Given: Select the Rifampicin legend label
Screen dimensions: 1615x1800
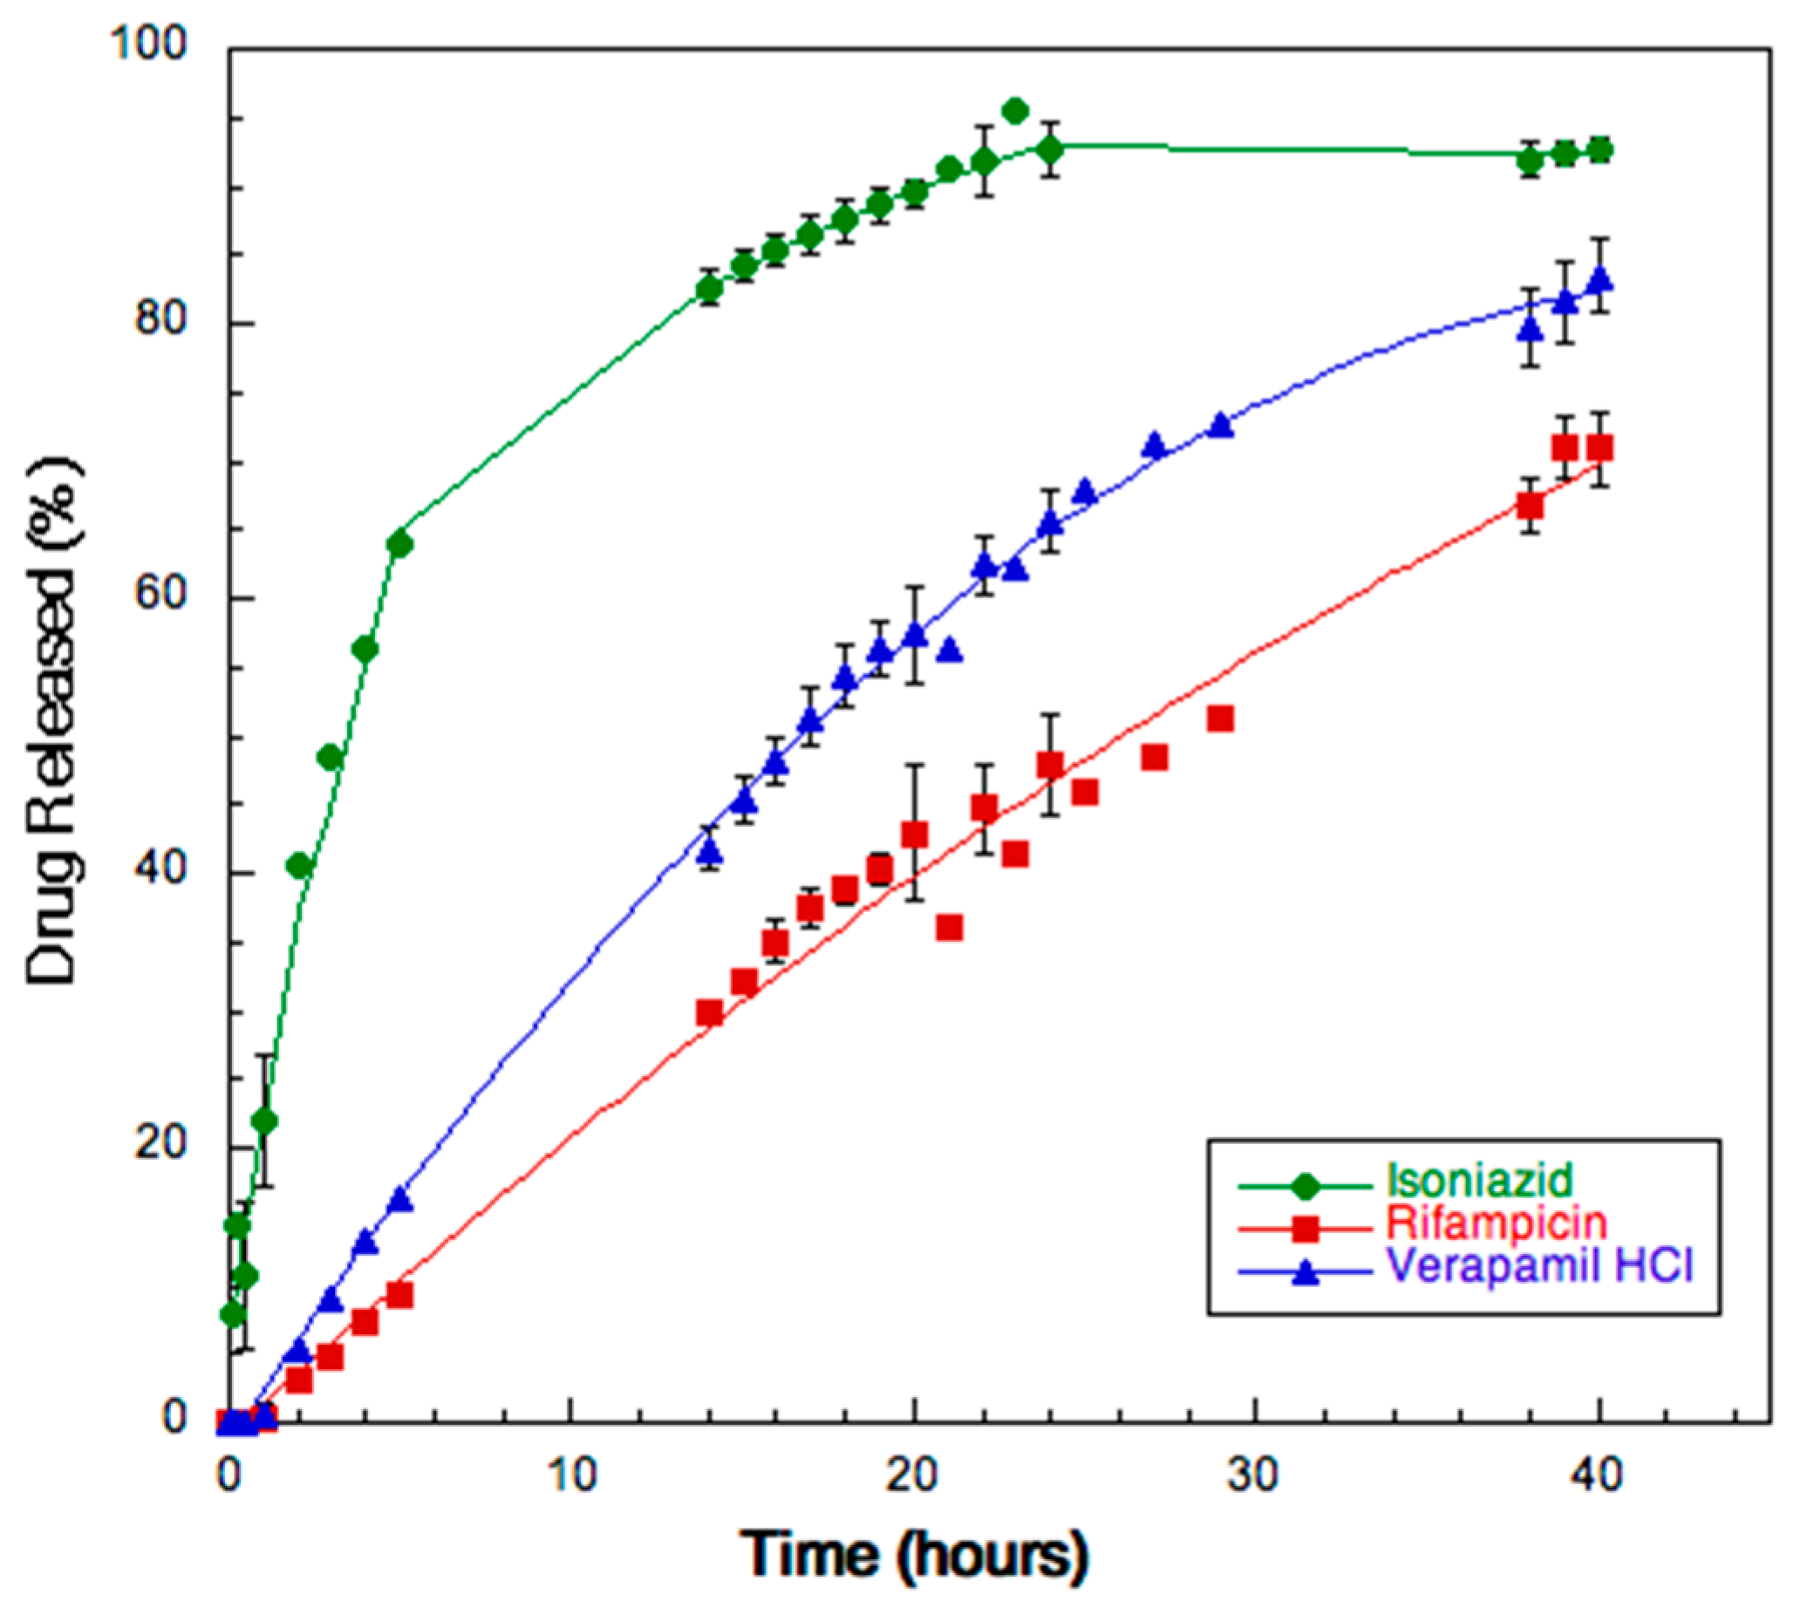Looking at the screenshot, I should click(1497, 1223).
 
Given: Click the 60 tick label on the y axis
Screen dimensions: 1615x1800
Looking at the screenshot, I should click(160, 596).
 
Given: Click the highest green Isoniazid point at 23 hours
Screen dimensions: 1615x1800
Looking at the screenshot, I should click(1015, 111).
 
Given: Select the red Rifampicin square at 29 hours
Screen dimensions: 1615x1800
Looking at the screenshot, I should click(1221, 719).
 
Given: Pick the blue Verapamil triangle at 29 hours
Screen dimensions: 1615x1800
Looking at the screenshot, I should click(1221, 426).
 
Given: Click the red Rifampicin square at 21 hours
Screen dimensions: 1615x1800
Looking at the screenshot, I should click(949, 928).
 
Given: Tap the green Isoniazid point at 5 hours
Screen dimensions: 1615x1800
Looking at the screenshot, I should click(399, 544).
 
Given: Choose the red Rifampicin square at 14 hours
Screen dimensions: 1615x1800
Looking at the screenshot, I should click(709, 1012).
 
